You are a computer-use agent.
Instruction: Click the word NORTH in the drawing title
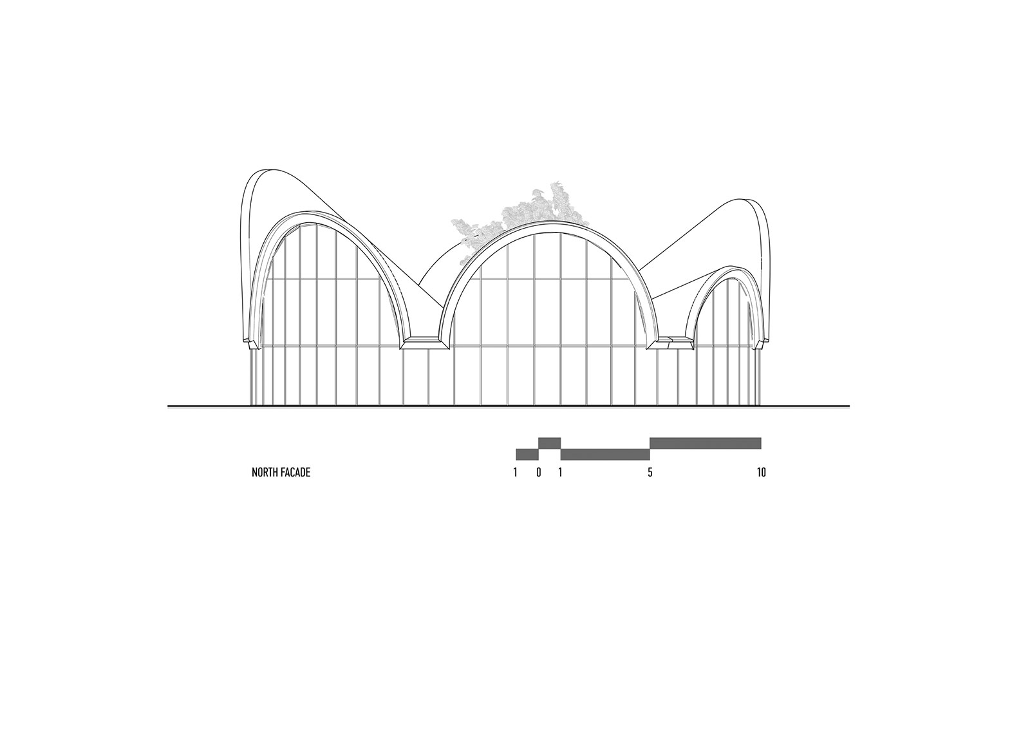coord(265,472)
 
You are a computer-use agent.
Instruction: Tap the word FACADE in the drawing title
coord(295,472)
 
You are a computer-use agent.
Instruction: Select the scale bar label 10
coord(762,472)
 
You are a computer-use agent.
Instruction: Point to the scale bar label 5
coord(650,472)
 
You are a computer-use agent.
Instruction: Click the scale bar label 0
coord(538,472)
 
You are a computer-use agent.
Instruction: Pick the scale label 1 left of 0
coord(516,472)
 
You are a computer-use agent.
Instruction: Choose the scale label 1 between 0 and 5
coord(560,472)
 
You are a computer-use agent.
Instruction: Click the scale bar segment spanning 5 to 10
coord(706,443)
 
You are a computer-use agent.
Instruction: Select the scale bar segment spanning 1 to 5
coord(605,455)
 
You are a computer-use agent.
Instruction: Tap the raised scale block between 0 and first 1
coord(550,443)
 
